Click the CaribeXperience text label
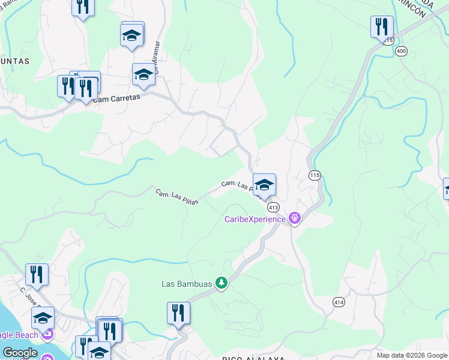tap(256, 219)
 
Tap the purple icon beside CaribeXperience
tap(294, 218)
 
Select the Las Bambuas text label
tap(187, 284)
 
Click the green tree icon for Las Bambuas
tap(221, 283)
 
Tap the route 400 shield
tap(402, 52)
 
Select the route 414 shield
tap(339, 303)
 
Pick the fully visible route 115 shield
tap(315, 175)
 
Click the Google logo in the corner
tap(20, 353)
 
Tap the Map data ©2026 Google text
tap(412, 355)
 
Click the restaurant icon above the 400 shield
tap(381, 26)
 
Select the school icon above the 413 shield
tap(264, 184)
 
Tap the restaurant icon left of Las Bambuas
tap(178, 313)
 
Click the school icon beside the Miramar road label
tap(143, 74)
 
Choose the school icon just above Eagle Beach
tap(43, 317)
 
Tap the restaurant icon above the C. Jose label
tap(37, 274)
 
